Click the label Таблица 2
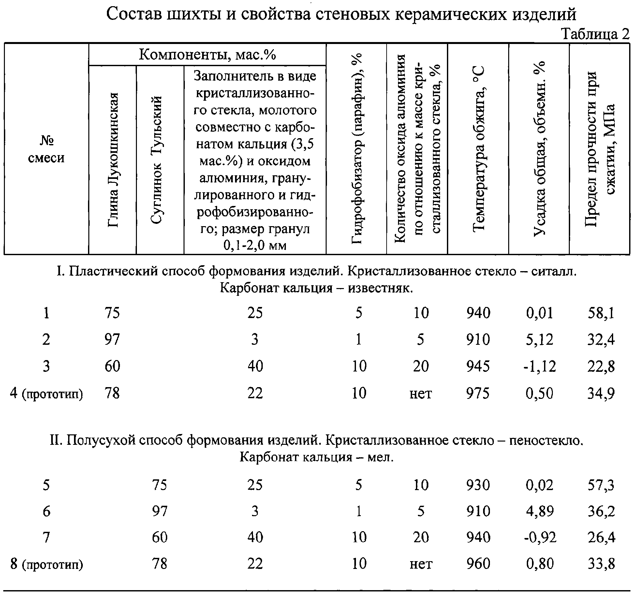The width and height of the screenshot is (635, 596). (x=595, y=34)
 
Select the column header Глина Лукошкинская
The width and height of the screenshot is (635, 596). (x=112, y=160)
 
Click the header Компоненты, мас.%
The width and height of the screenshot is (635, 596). (x=207, y=55)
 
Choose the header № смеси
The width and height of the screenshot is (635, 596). (x=46, y=149)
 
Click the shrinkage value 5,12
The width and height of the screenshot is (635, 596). (x=539, y=340)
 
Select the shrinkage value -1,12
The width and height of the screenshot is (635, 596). (x=539, y=367)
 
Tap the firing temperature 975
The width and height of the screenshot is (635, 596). (x=478, y=393)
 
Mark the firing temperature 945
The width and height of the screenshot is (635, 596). (x=478, y=367)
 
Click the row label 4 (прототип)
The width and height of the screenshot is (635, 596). (x=46, y=394)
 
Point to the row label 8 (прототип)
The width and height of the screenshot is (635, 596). (x=46, y=564)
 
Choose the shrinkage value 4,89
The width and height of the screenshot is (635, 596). (x=539, y=511)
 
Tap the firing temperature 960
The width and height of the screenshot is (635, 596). (x=478, y=564)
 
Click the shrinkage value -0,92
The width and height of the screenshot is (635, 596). (x=539, y=537)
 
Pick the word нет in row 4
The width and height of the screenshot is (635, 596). (x=421, y=394)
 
